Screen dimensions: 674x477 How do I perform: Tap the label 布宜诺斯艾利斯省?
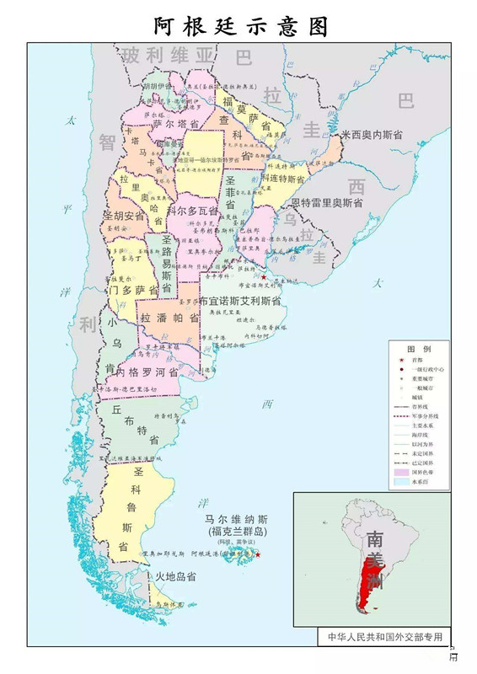240,300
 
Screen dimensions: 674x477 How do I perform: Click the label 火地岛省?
175,577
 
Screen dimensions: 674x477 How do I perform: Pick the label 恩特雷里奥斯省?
327,203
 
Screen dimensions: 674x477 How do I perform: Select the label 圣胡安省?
124,216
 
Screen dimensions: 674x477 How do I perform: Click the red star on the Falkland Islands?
258,554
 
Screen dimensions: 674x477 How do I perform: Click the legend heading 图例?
419,349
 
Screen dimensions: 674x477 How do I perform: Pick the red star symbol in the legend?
400,361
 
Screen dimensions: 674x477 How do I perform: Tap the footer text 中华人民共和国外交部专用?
384,637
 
